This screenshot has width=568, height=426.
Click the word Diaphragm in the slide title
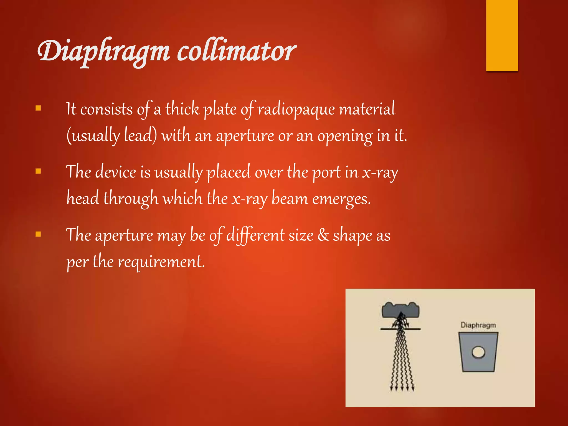[x=103, y=51]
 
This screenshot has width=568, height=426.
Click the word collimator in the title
[x=236, y=51]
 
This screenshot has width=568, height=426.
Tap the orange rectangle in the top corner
[x=502, y=35]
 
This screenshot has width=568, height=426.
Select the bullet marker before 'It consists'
[x=38, y=108]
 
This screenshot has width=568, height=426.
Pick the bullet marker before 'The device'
[x=38, y=171]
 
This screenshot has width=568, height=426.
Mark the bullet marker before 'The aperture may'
[x=38, y=234]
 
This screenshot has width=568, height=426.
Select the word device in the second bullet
[x=116, y=172]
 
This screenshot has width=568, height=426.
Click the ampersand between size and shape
[x=323, y=235]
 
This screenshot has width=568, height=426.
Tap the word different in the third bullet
[x=255, y=235]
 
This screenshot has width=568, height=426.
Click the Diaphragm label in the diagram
[x=478, y=325]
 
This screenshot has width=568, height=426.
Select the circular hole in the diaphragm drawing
[x=478, y=352]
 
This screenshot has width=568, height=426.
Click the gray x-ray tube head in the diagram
[x=400, y=310]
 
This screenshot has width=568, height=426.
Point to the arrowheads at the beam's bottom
[x=402, y=388]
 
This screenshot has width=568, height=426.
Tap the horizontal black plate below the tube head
[x=400, y=329]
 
